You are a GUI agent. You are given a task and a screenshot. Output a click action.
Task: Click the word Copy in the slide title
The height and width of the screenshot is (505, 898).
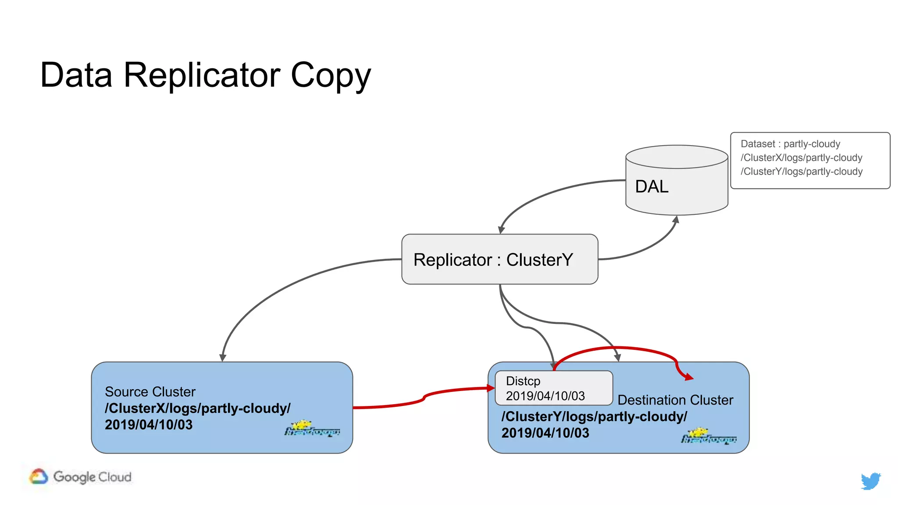tap(331, 75)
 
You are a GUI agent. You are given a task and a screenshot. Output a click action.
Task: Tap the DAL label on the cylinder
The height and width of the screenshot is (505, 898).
tap(652, 187)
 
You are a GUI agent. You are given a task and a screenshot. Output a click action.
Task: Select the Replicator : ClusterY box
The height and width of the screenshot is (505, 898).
tap(499, 260)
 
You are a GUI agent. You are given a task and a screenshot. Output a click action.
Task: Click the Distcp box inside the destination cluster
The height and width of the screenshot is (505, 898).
tap(553, 388)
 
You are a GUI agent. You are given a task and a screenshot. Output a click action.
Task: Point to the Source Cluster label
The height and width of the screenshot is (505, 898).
tap(150, 391)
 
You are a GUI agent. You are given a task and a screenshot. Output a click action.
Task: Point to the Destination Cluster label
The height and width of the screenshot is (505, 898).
tap(675, 400)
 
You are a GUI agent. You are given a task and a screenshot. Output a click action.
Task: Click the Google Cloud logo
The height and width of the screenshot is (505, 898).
tap(81, 477)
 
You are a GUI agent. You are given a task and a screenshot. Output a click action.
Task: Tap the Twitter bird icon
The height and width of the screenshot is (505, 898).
tap(870, 480)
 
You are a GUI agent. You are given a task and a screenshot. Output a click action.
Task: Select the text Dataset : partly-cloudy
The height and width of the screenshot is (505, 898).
tap(790, 144)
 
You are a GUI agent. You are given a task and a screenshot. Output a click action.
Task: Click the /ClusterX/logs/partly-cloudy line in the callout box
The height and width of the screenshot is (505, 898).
tap(801, 158)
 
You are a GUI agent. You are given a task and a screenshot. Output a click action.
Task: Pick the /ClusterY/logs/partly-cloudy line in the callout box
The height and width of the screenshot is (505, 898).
tap(801, 171)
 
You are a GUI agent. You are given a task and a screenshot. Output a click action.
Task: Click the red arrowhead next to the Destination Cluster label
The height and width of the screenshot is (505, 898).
tap(689, 377)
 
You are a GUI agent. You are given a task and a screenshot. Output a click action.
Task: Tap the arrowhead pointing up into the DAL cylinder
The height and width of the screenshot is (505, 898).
tap(676, 219)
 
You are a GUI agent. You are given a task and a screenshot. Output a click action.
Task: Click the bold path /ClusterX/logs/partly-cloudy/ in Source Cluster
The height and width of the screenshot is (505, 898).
tap(197, 408)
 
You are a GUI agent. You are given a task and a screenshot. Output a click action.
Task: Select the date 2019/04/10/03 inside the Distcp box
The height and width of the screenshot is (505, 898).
tap(545, 396)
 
